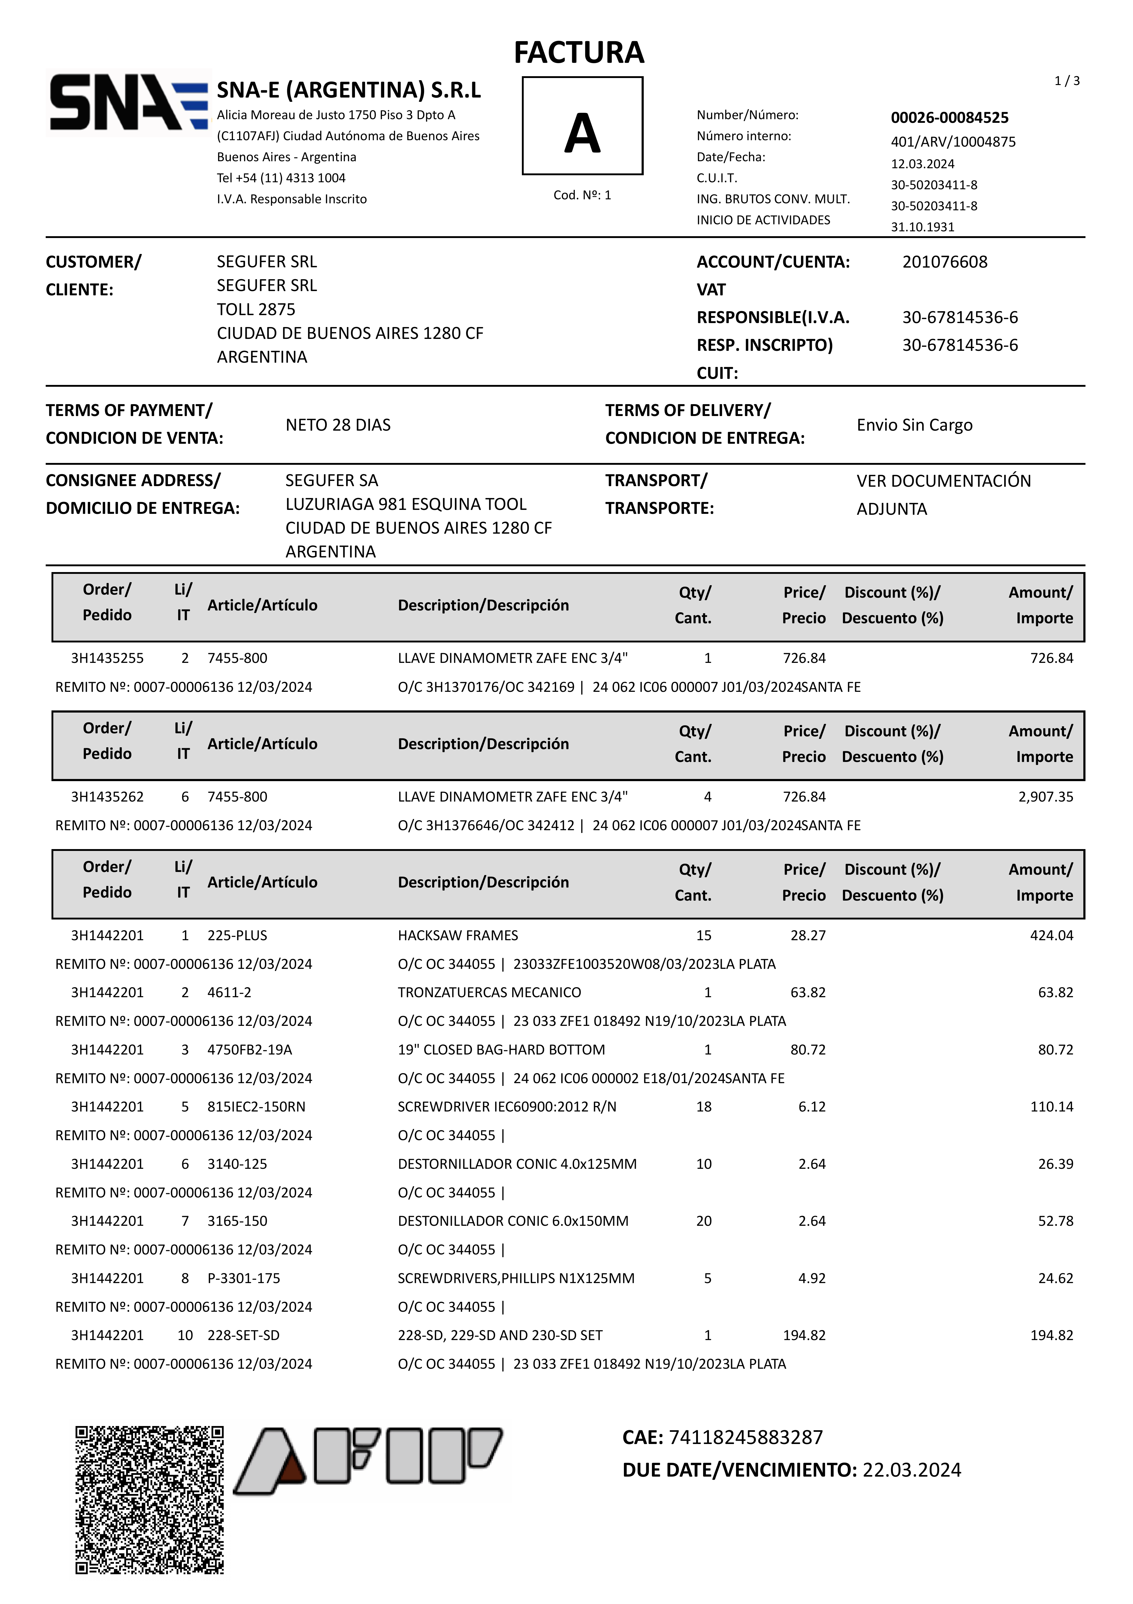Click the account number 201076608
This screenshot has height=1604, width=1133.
tap(944, 262)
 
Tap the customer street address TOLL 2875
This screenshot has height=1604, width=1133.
tap(256, 309)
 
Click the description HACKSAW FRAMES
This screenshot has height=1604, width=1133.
tap(458, 935)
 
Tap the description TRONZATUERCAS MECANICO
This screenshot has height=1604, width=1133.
tap(489, 993)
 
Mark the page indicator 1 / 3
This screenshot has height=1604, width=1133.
tap(1067, 81)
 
